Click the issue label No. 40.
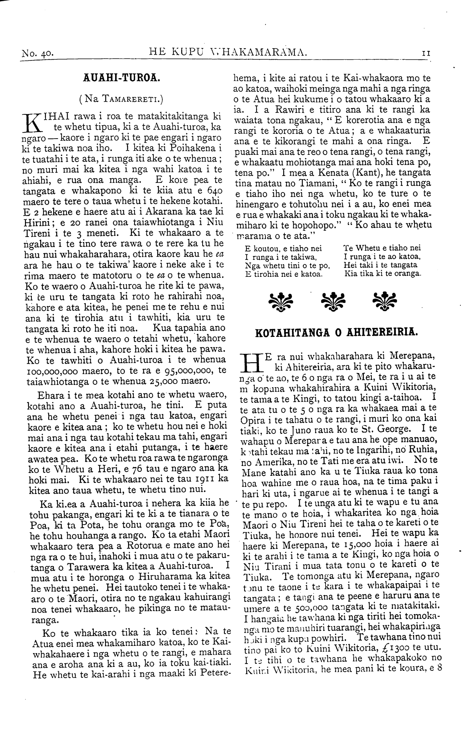pos(38,54)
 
